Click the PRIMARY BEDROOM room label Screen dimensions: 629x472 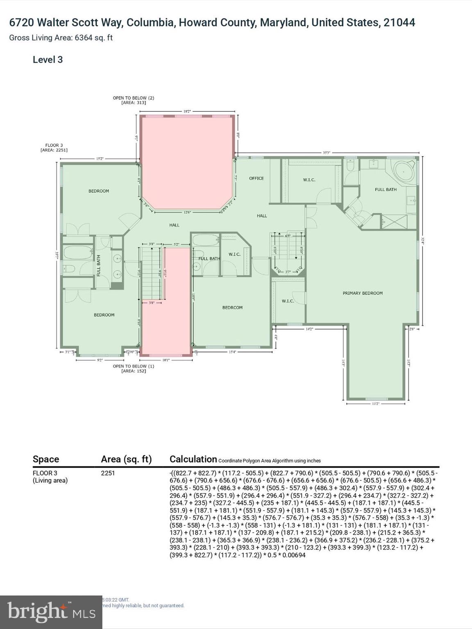click(363, 293)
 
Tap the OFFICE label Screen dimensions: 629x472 click(256, 179)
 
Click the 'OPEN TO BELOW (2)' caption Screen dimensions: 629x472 click(134, 100)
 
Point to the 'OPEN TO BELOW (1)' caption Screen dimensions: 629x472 click(134, 369)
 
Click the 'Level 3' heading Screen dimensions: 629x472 click(48, 60)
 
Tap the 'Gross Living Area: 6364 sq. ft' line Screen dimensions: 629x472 click(61, 38)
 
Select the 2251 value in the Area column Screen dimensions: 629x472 click(108, 473)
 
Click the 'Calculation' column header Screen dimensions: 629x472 click(193, 459)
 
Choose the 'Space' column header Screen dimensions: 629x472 click(46, 459)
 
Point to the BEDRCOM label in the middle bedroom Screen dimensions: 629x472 click(232, 308)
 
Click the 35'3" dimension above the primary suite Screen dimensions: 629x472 click(326, 153)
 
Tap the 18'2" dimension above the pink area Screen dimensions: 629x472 click(187, 111)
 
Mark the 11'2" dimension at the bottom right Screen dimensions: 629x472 click(375, 404)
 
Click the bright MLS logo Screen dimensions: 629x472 click(51, 612)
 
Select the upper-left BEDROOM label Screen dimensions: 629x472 click(99, 191)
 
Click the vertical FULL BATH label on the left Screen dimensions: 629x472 click(99, 266)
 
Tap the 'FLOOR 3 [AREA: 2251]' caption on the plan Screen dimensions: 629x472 click(54, 148)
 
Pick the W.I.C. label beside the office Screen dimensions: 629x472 click(309, 180)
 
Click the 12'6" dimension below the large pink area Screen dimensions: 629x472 click(187, 212)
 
